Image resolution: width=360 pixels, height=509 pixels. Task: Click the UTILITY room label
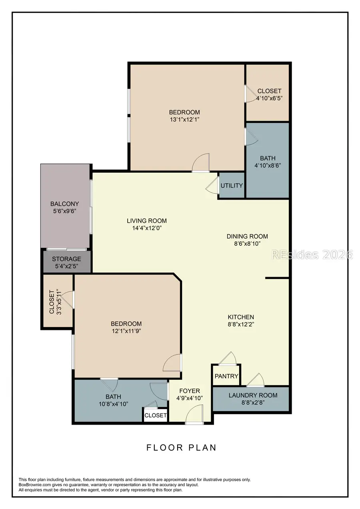232,186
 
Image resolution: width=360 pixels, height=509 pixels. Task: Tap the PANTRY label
226,376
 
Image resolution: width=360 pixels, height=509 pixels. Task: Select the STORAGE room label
66,259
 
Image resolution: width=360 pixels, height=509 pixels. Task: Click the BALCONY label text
64,204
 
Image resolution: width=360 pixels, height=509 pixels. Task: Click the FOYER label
190,391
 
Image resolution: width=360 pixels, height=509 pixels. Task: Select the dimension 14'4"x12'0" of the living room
147,228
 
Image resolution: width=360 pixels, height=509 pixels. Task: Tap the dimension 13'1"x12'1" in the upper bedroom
184,120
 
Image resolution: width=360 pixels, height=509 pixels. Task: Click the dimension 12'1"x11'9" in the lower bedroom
126,331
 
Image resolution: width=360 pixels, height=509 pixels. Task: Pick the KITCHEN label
240,317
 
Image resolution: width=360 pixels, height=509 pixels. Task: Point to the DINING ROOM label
247,236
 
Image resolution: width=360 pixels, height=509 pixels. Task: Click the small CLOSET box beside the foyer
156,415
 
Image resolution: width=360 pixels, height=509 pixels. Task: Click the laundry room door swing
256,380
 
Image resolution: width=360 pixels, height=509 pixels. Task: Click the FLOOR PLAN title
181,447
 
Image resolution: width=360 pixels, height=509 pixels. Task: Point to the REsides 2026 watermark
312,255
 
